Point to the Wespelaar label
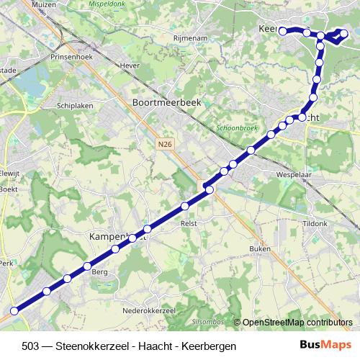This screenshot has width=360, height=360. pyautogui.click(x=292, y=174)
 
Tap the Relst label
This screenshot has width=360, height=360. pyautogui.click(x=189, y=224)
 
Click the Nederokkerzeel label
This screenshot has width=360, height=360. pyautogui.click(x=150, y=310)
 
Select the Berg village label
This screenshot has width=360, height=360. pyautogui.click(x=99, y=272)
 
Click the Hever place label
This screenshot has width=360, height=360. pyautogui.click(x=130, y=66)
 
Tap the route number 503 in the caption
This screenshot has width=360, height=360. pyautogui.click(x=31, y=346)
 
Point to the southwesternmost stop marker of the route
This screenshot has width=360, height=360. pyautogui.click(x=13, y=311)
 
